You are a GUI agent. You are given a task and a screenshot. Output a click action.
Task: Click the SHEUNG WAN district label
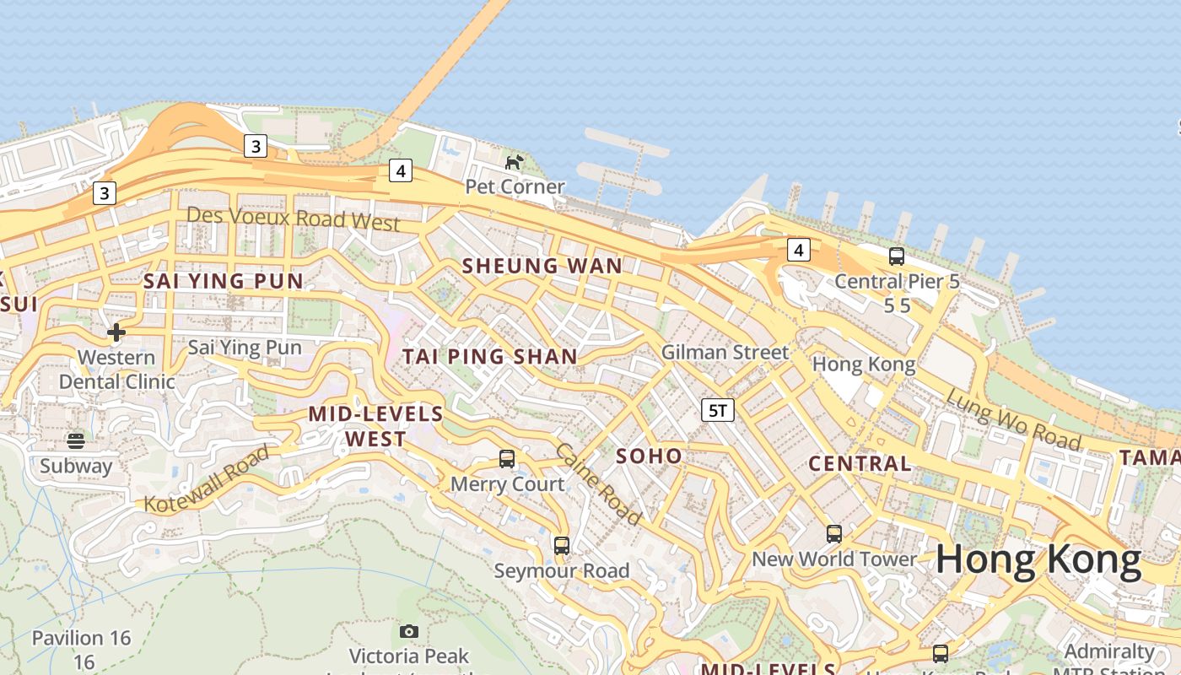(542, 266)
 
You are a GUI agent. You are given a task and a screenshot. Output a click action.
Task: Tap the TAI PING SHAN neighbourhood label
(489, 356)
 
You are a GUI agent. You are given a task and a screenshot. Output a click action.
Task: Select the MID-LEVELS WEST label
(375, 426)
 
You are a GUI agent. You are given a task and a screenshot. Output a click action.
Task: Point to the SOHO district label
(649, 456)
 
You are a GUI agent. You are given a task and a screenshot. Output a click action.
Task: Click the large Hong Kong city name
(1038, 559)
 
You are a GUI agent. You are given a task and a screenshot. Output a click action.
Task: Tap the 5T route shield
(718, 411)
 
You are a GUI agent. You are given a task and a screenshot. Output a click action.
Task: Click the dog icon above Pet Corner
(514, 161)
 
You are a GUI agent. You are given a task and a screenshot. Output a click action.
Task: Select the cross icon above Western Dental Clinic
(116, 332)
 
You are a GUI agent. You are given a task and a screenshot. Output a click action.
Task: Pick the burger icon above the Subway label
(76, 440)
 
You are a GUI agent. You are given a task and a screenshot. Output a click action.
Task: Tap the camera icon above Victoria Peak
(409, 631)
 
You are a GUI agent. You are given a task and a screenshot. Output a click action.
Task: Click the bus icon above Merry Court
(507, 459)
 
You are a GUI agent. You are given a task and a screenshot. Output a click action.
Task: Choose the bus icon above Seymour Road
(562, 546)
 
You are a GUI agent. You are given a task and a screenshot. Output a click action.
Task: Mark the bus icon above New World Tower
(834, 534)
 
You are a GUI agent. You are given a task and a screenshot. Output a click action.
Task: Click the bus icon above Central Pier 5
(897, 256)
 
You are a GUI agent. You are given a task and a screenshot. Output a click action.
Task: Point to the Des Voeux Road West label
(293, 219)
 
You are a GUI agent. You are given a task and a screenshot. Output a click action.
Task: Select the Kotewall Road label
(208, 479)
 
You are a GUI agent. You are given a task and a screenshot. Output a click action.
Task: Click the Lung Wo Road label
(1012, 419)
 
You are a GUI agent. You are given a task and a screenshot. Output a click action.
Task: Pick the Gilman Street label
(725, 352)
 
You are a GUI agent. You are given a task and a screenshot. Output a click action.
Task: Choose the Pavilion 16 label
(82, 638)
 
